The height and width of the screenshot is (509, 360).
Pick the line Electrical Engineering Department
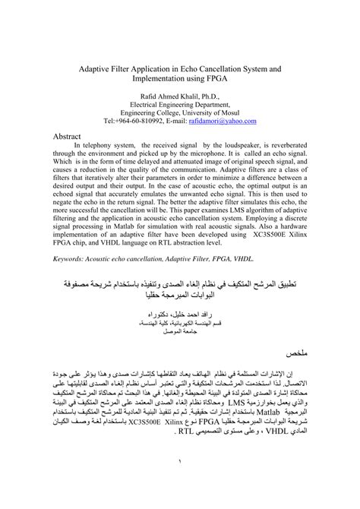(x=180, y=104)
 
